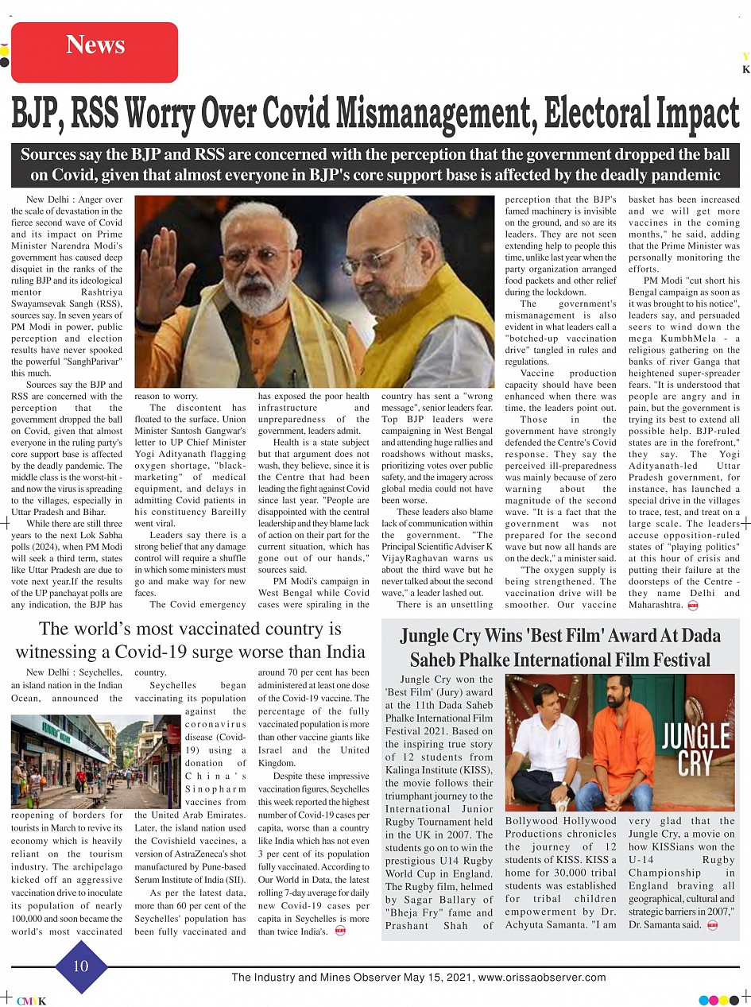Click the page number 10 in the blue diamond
coord(81,966)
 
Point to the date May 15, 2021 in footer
coord(434,978)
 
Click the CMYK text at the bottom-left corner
coord(31,1001)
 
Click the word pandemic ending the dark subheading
coord(679,175)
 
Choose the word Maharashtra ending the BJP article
coord(655,605)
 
